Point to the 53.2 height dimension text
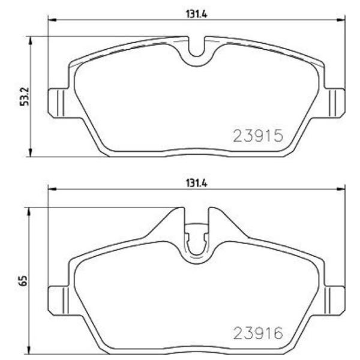pos(24,97)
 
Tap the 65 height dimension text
pos(24,280)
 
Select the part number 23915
pos(257,136)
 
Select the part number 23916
pos(257,332)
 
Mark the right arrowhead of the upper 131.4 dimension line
pos(341,20)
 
